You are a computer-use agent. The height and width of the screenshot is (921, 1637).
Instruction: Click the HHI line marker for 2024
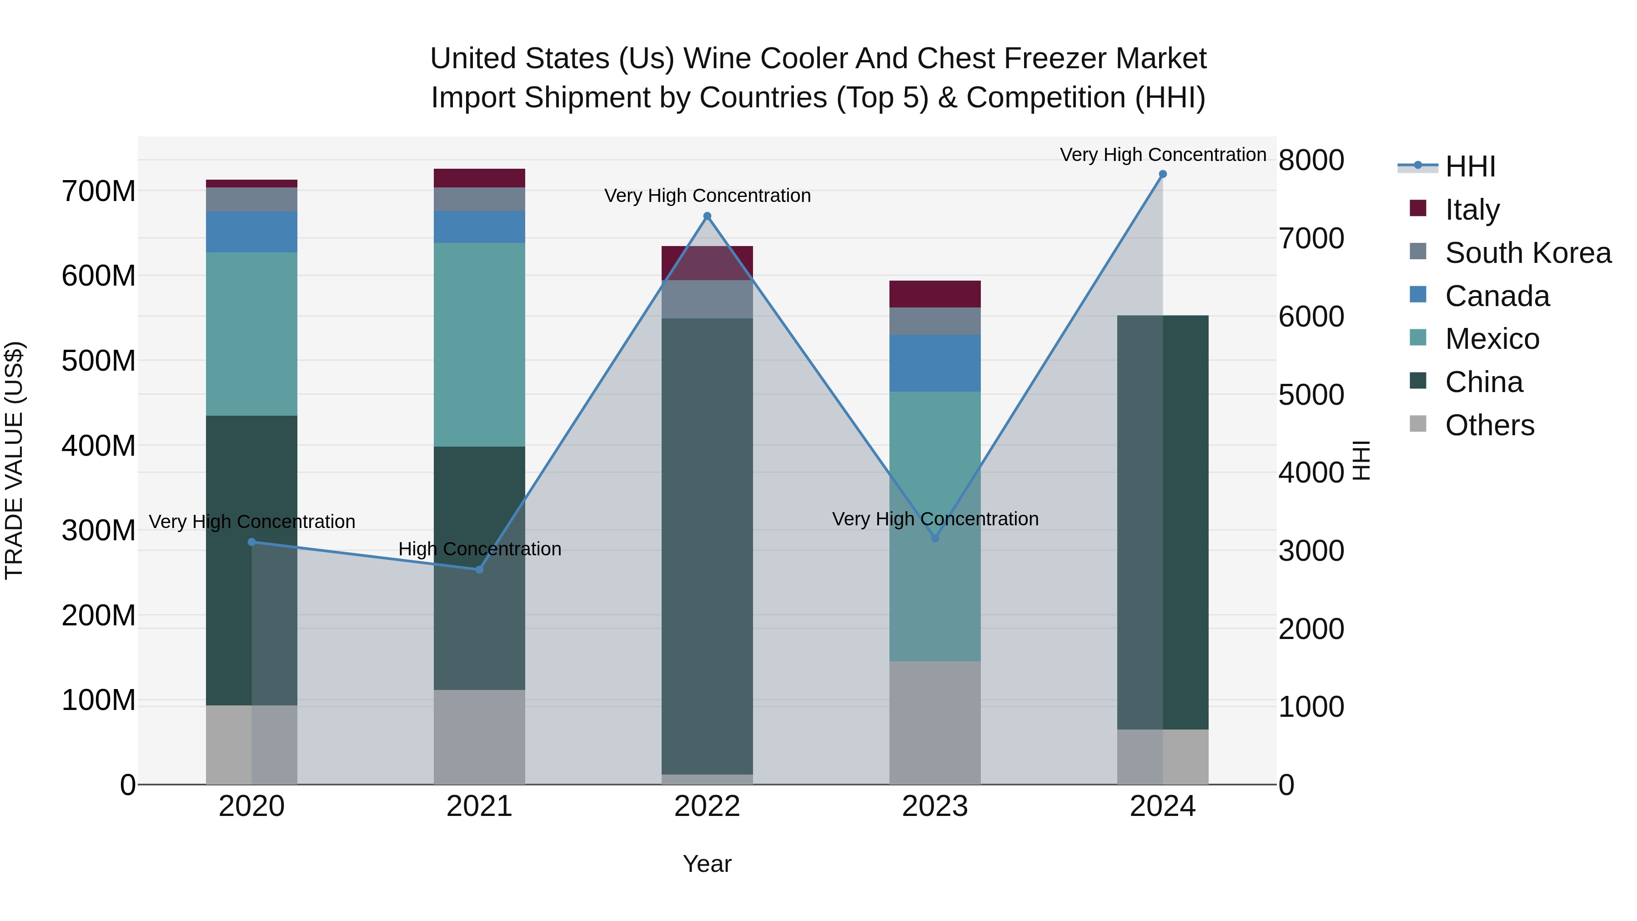pos(1162,174)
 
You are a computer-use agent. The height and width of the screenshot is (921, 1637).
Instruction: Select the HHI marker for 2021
pos(479,569)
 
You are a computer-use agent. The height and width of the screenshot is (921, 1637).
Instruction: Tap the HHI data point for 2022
pos(707,216)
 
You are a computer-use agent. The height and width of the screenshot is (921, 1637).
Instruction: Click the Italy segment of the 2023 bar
pos(935,294)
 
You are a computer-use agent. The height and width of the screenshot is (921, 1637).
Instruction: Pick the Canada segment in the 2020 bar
pos(251,232)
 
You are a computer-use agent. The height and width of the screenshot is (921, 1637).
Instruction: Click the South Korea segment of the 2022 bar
pos(707,299)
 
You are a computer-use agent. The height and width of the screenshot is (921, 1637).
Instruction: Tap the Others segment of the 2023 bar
pos(935,722)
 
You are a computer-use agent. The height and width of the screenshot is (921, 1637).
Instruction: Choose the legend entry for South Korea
pos(1528,253)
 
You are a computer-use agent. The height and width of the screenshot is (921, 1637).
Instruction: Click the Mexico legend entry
pos(1491,339)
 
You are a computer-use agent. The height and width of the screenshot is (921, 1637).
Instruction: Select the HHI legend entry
pos(1470,166)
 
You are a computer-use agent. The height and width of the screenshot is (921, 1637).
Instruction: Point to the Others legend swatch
pos(1418,424)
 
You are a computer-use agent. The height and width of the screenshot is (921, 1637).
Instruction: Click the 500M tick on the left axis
pos(99,361)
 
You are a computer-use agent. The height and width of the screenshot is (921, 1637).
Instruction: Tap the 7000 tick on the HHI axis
pos(1311,238)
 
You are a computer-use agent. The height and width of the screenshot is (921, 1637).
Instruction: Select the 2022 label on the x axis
pos(707,806)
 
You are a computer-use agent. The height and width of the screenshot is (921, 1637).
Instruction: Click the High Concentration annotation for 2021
pos(480,549)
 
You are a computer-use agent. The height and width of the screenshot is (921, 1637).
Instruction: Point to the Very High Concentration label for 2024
pos(1163,155)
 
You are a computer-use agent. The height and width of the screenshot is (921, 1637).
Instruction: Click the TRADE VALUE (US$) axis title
pos(15,460)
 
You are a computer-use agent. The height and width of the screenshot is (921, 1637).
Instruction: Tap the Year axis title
pos(707,864)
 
